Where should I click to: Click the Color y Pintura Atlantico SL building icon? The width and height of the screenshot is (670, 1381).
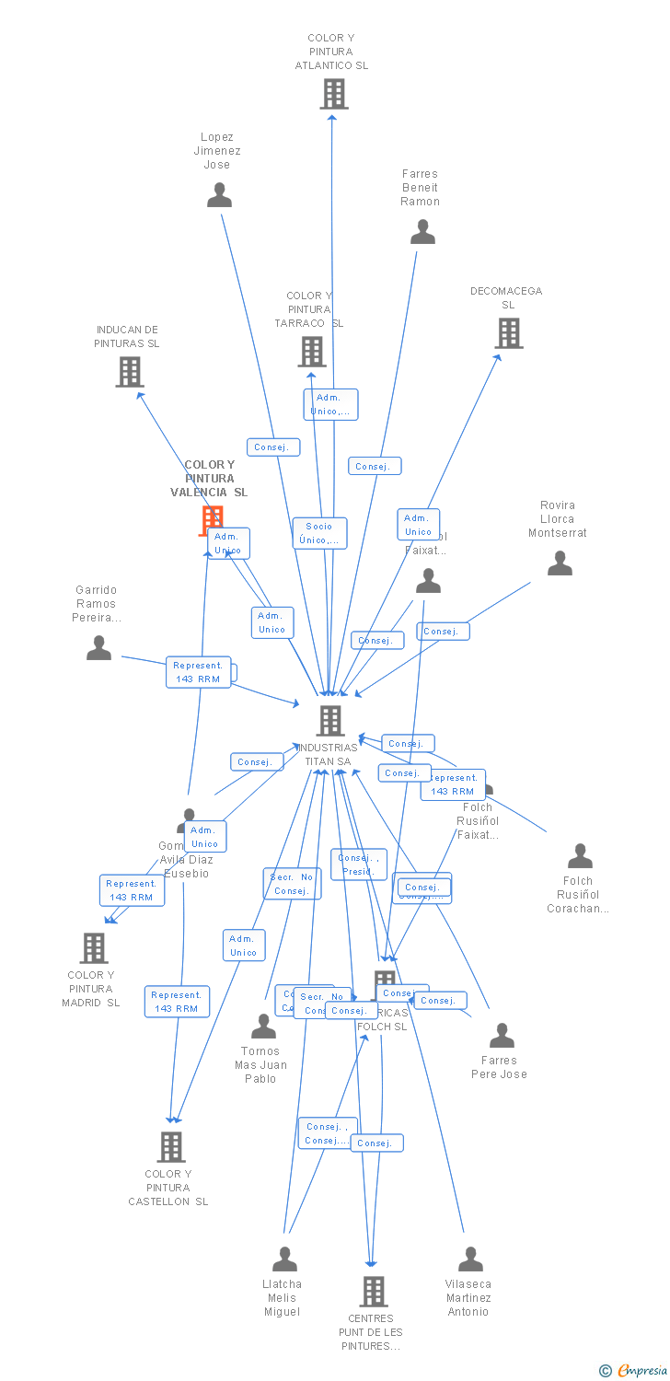click(333, 94)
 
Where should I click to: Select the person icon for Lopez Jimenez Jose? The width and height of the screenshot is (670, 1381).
click(219, 195)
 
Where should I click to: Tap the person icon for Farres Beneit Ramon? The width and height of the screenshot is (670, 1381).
click(422, 232)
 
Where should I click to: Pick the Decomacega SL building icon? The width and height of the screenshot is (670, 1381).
click(508, 333)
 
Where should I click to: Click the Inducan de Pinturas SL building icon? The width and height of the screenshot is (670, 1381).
click(130, 372)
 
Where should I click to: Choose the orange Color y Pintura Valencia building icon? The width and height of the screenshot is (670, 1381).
click(212, 519)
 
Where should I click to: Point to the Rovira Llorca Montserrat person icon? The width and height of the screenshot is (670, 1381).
click(560, 563)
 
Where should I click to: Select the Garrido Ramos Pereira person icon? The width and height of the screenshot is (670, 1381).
click(98, 648)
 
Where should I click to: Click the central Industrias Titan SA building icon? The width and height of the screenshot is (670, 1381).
click(329, 721)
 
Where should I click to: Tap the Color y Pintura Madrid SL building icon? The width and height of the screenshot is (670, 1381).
click(94, 947)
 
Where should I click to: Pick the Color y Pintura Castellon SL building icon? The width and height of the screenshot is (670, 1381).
click(171, 1147)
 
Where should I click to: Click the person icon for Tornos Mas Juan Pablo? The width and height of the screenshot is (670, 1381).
click(264, 1026)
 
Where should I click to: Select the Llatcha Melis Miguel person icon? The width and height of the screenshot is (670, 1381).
click(285, 1259)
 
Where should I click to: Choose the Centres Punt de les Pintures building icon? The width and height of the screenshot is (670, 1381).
click(373, 1292)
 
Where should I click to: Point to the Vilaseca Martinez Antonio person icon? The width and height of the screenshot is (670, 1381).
click(470, 1259)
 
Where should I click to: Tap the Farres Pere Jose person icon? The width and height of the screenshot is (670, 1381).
click(502, 1036)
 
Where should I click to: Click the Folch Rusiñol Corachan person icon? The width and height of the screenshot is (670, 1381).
click(580, 856)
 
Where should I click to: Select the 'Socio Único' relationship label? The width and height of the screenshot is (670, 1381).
click(320, 533)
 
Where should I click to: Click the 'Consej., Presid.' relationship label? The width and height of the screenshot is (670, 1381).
click(358, 865)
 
